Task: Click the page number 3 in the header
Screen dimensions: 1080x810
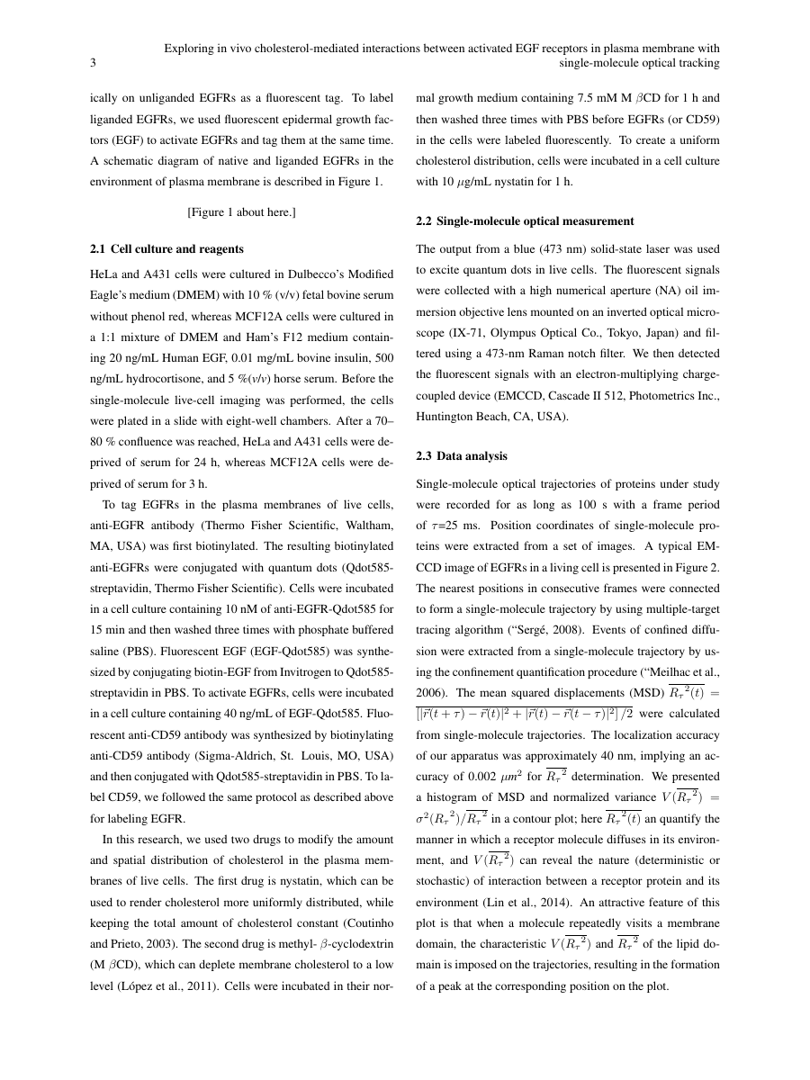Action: point(93,63)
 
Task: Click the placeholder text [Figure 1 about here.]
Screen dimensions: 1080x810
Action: point(241,212)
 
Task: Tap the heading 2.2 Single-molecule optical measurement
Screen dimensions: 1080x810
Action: point(525,220)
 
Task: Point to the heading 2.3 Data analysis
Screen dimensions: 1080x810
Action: point(462,456)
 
